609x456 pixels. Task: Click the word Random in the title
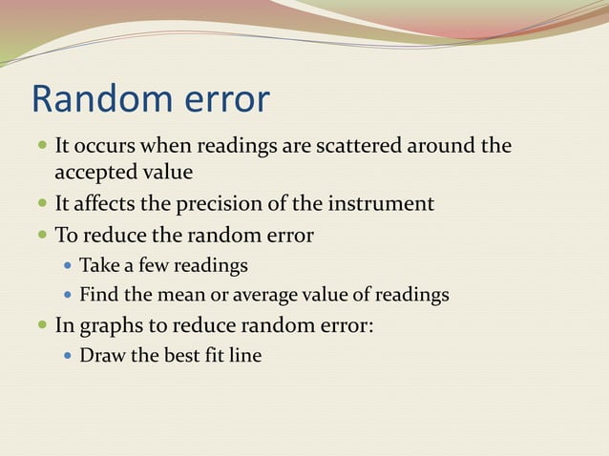click(95, 100)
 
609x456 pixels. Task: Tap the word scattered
click(350, 147)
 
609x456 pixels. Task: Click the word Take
click(98, 265)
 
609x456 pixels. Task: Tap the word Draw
click(100, 356)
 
